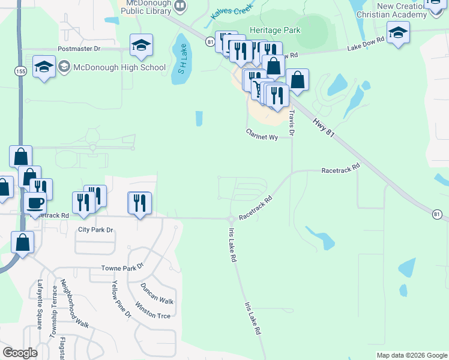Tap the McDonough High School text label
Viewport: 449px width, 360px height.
(x=119, y=67)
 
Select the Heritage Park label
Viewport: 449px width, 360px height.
(x=274, y=29)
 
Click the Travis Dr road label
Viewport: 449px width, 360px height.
(x=292, y=123)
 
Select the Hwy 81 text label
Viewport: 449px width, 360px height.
(x=323, y=128)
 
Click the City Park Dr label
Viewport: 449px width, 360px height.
(x=95, y=230)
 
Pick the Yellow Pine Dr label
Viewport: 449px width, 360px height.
(x=121, y=298)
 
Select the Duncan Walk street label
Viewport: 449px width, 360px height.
(x=157, y=293)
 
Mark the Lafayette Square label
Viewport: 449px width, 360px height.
(x=40, y=305)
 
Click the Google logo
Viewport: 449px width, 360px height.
(x=20, y=353)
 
